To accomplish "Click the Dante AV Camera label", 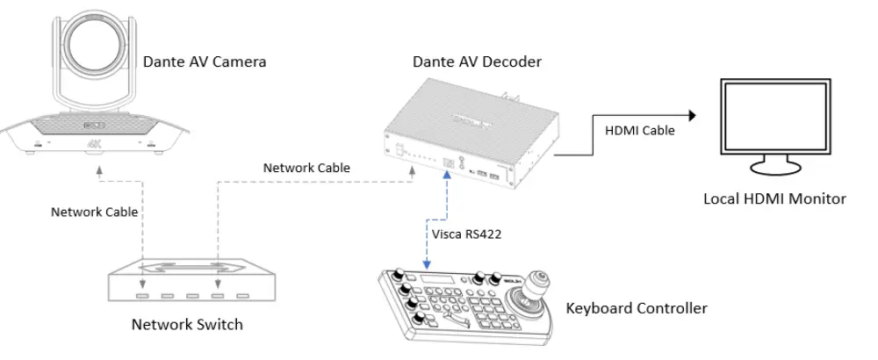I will click(205, 62).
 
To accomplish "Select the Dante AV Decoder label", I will click(477, 61).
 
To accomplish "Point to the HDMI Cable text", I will click(640, 131).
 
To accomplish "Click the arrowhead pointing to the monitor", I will click(692, 115).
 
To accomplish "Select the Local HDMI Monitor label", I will click(775, 199).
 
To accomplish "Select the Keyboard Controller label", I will click(637, 308).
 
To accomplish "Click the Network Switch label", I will click(187, 325).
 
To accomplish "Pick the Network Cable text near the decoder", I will click(306, 168).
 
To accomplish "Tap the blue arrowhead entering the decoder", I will click(447, 175).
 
